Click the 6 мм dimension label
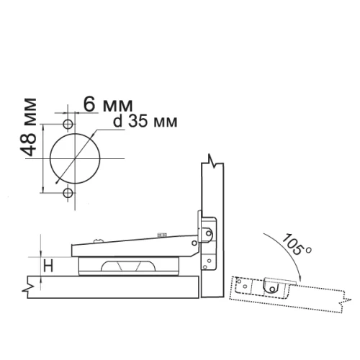tap(108, 104)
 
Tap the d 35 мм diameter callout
tap(145, 122)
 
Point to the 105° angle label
tap(296, 245)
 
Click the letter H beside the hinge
tap(48, 266)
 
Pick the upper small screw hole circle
tap(68, 125)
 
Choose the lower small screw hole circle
tap(68, 193)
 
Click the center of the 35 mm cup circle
tap(75, 158)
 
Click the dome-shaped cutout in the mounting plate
tap(128, 266)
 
